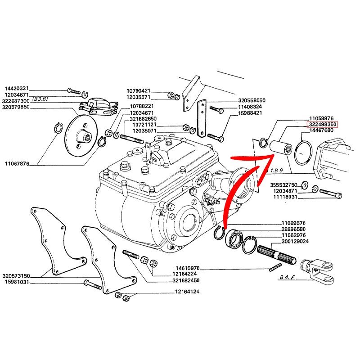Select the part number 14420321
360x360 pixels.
tap(16, 88)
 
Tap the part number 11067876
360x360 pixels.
tap(16, 164)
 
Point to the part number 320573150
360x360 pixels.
tap(16, 276)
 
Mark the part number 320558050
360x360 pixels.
tap(252, 100)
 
